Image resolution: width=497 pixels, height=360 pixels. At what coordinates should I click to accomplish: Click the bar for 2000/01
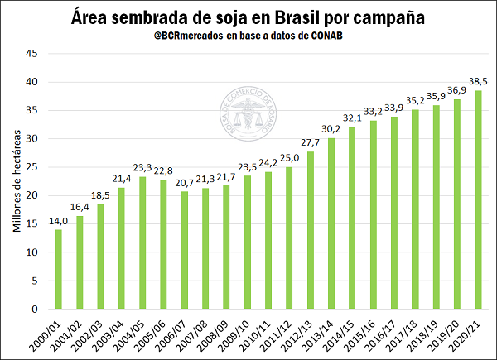(59, 269)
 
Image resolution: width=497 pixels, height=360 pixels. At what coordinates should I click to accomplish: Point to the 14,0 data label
(59, 221)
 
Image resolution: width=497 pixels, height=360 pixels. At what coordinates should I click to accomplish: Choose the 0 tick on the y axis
(35, 310)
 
